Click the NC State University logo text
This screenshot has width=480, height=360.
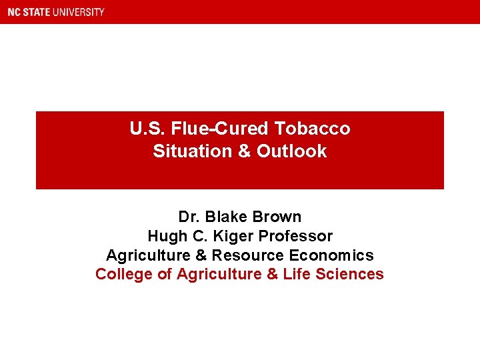tap(56, 12)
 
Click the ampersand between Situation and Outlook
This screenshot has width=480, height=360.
tap(244, 151)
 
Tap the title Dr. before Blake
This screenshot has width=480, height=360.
tap(189, 217)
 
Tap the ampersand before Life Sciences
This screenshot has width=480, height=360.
tap(273, 274)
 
